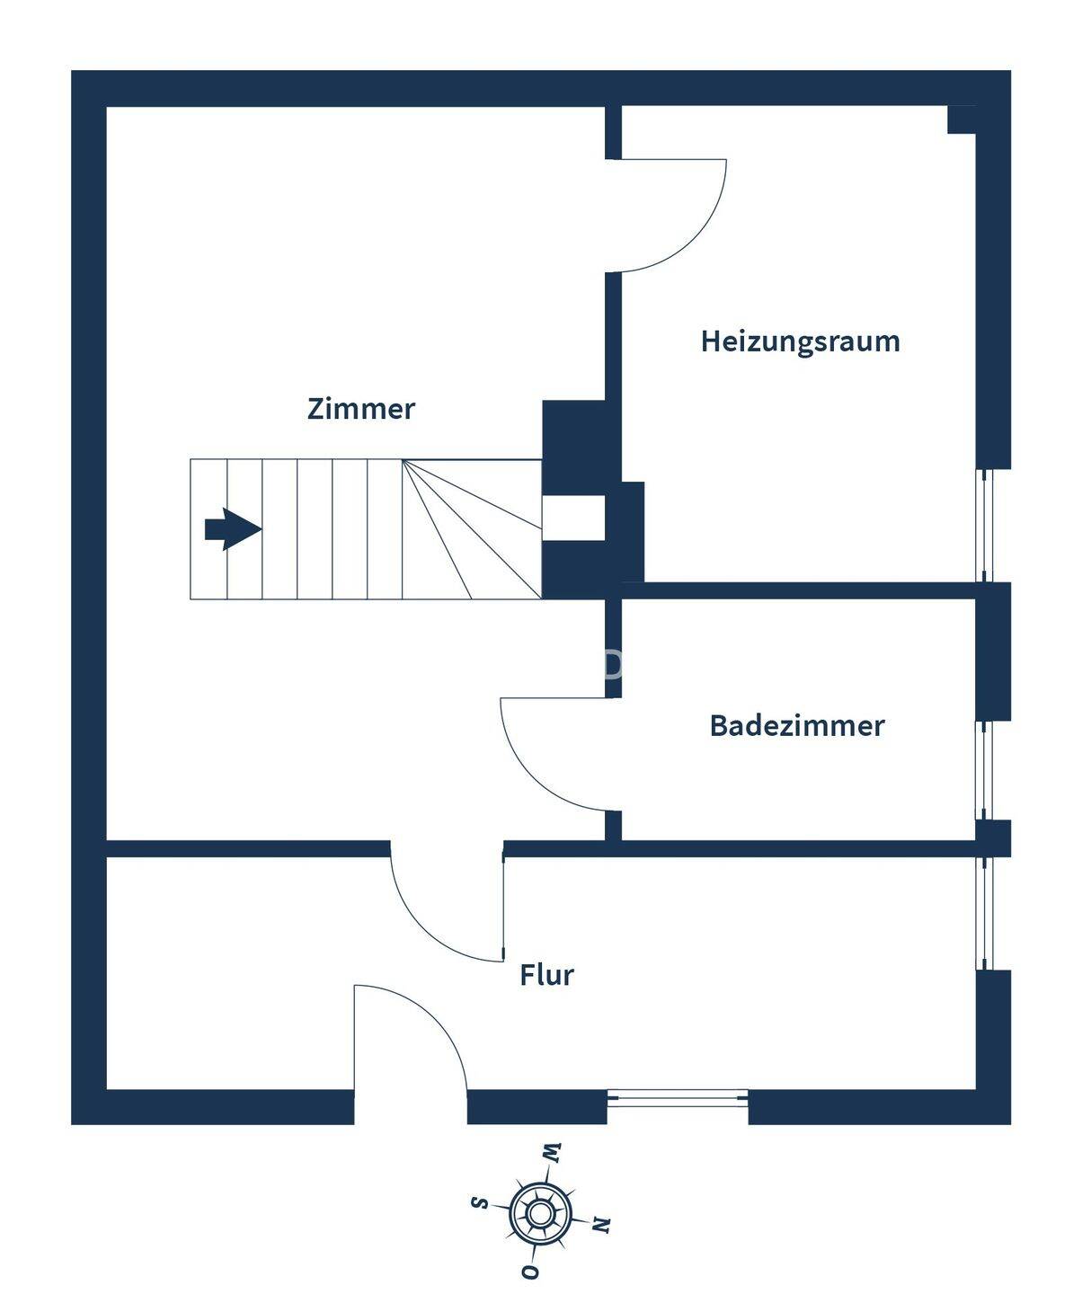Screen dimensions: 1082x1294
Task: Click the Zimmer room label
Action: pos(360,409)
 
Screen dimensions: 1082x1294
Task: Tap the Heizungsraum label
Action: pos(800,341)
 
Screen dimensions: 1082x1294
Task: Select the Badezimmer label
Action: pos(796,725)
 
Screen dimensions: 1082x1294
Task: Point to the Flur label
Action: pos(546,975)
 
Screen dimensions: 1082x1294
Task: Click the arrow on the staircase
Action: pos(233,528)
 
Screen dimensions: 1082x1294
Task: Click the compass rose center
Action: pos(539,1214)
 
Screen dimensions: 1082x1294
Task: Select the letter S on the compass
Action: pos(481,1202)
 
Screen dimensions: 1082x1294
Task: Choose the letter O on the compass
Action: pos(530,1272)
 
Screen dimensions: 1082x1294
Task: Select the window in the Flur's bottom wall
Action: pos(678,1097)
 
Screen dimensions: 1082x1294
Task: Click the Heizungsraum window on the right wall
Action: pos(985,526)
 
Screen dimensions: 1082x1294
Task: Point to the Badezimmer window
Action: pos(985,770)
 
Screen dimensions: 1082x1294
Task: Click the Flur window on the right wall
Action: pos(985,913)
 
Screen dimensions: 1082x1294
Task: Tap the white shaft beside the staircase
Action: pos(572,518)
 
